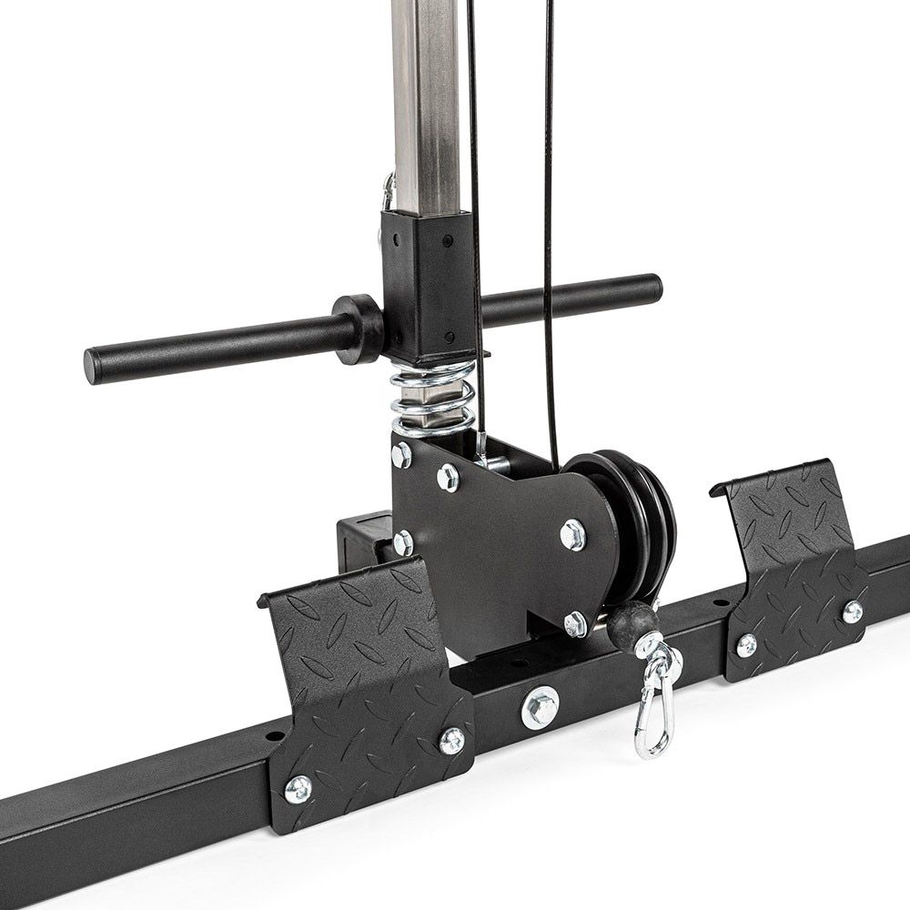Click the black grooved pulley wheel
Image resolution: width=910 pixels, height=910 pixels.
[x=637, y=519]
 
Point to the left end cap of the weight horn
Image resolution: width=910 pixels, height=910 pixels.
[x=95, y=363]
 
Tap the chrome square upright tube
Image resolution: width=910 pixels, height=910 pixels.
[x=428, y=100]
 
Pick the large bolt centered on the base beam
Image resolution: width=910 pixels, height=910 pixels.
[x=541, y=706]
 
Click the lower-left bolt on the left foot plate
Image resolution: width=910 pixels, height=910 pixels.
[x=298, y=788]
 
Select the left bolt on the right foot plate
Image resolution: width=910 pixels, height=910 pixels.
[x=746, y=644]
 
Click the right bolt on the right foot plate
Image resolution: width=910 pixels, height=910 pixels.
[x=852, y=612]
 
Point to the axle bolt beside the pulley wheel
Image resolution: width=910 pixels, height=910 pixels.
[x=572, y=534]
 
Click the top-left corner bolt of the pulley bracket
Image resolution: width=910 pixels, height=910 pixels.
[x=401, y=453]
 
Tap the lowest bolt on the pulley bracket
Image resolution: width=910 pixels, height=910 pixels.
[x=575, y=624]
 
